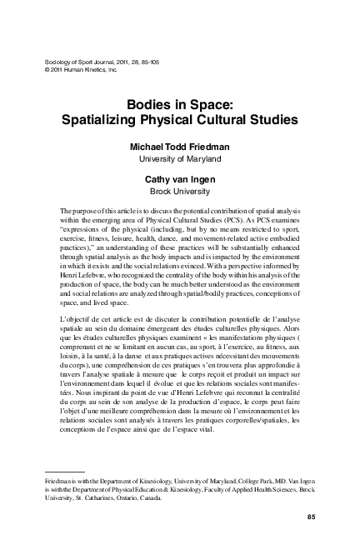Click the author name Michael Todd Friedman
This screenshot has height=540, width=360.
pos(180,147)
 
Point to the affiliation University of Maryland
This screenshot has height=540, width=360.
pos(180,159)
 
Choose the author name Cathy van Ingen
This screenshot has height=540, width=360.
pos(180,177)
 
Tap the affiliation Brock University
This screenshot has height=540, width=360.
pos(180,189)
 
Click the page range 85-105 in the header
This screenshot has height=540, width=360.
pos(140,62)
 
